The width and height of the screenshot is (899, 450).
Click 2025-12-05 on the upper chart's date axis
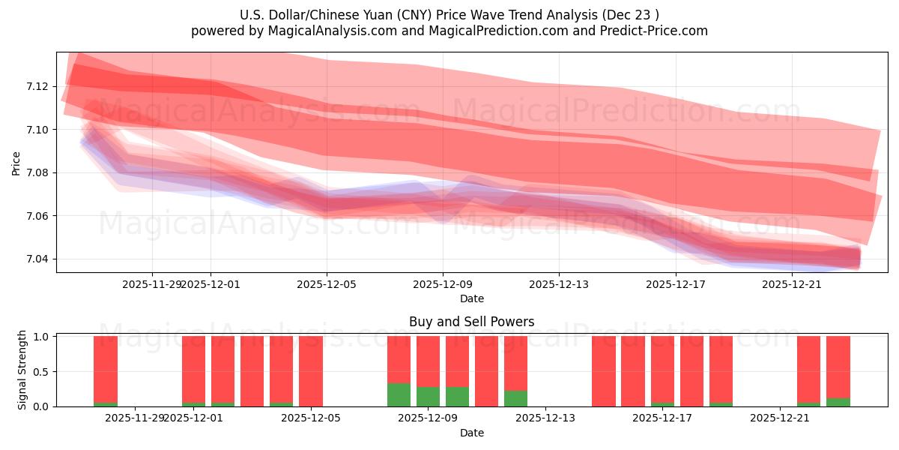tap(327, 284)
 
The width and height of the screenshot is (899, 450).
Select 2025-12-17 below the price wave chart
tap(676, 284)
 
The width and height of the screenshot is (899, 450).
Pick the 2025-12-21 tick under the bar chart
tap(780, 418)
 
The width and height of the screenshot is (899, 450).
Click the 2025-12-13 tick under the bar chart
tap(545, 418)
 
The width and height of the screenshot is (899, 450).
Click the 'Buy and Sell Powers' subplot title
tap(471, 322)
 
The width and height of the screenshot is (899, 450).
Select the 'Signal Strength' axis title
tap(22, 370)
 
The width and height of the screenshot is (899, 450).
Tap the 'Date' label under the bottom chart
tap(471, 433)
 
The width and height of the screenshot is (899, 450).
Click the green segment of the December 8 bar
tap(399, 395)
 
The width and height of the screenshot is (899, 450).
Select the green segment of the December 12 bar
tap(515, 399)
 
